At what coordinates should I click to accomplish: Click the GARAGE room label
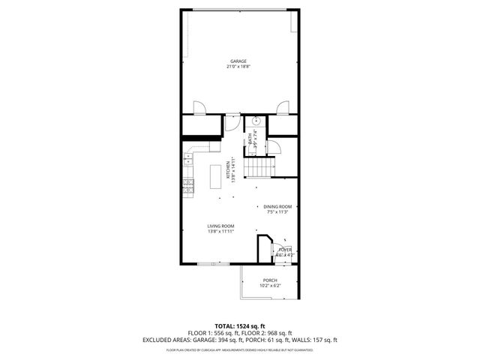coord(238,61)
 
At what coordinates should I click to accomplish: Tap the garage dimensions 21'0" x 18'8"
coord(238,67)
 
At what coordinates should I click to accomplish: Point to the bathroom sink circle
coord(256,120)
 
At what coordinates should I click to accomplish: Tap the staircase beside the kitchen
coord(262,166)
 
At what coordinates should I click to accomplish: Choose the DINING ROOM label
coord(276,206)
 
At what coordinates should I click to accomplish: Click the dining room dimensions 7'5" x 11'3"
coord(276,212)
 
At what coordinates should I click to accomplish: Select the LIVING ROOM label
coord(221,226)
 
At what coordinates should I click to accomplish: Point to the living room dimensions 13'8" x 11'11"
coord(221,232)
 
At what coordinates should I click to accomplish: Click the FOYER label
coord(285,249)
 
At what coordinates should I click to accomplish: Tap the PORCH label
coord(270,280)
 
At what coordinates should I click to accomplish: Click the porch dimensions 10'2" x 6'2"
coord(270,286)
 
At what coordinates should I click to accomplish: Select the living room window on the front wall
coord(213,264)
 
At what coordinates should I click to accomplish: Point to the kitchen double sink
coord(187,158)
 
